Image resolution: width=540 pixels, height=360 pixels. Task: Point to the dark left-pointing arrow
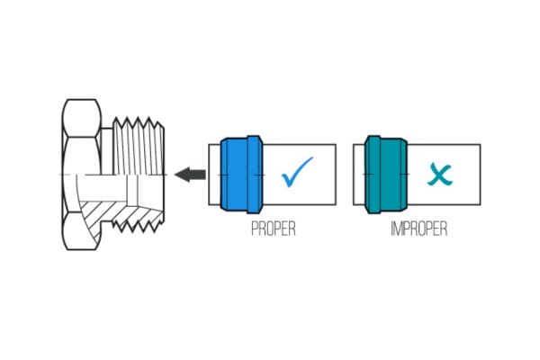[x=190, y=174]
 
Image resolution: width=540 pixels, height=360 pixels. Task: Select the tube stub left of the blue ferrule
[x=214, y=174]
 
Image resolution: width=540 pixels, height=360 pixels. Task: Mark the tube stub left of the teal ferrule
[x=359, y=174]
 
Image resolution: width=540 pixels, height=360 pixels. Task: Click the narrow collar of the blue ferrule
[x=256, y=174]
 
